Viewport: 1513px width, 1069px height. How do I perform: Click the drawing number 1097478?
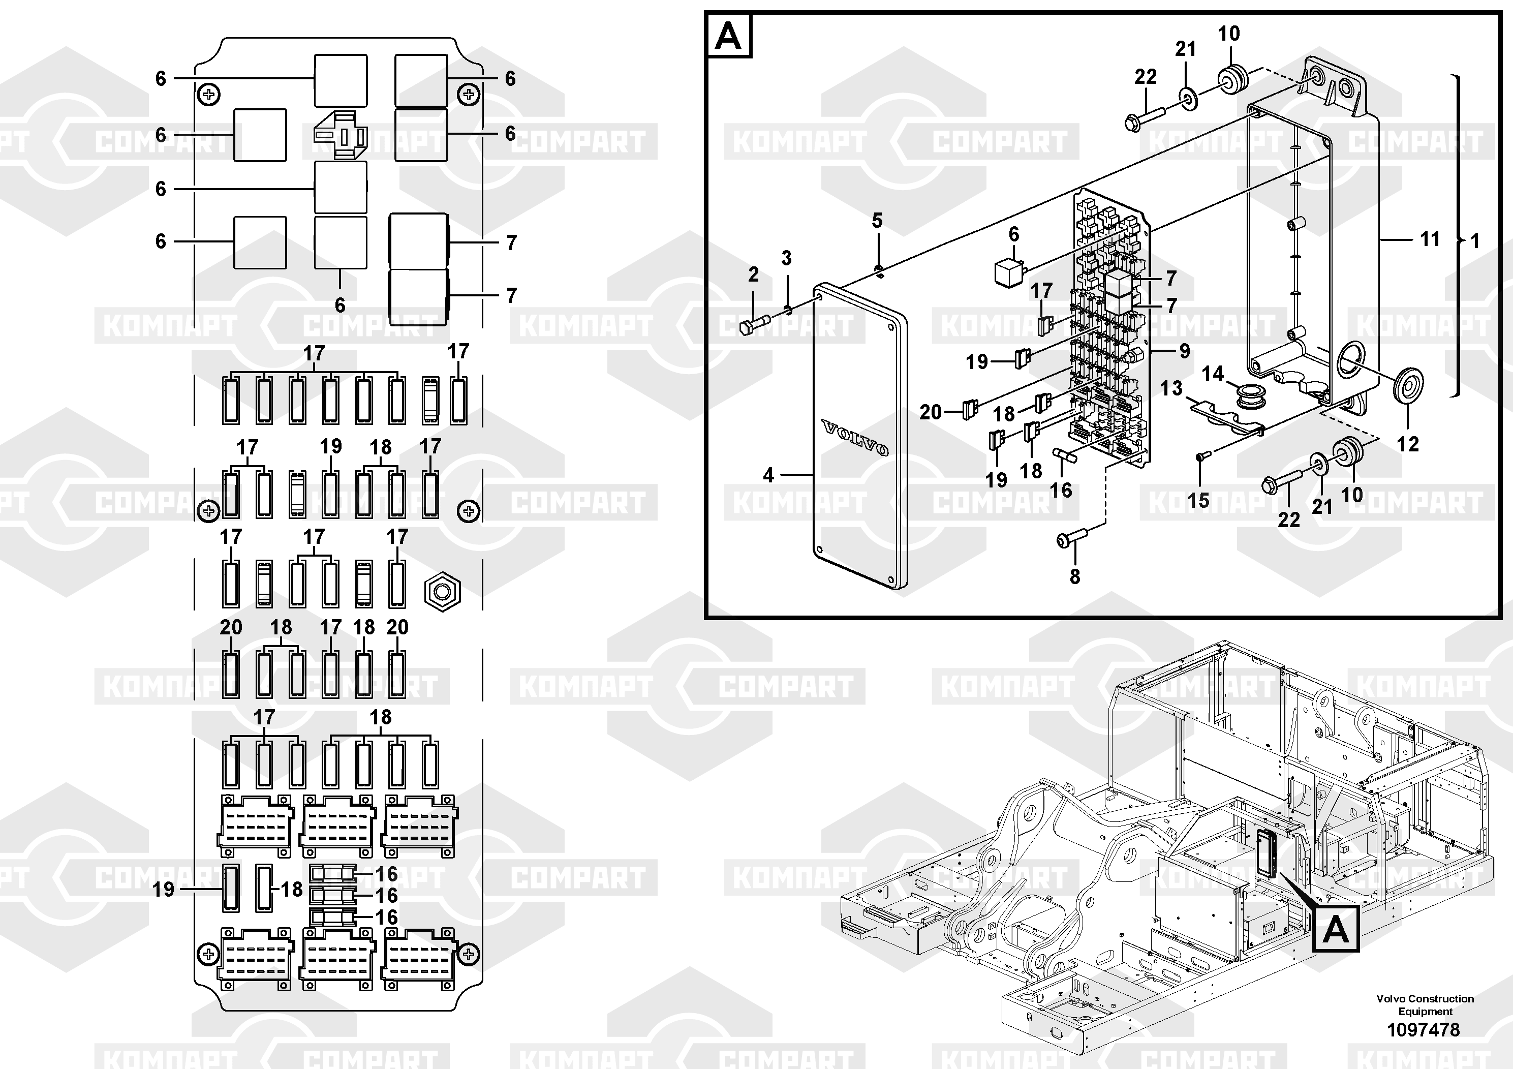1424,1029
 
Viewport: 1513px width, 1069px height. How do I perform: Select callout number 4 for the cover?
768,475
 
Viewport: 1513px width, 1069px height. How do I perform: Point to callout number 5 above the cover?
876,221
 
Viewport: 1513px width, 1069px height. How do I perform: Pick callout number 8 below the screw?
1075,576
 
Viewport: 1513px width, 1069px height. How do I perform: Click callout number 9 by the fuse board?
1184,351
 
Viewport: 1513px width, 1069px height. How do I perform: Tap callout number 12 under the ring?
1408,444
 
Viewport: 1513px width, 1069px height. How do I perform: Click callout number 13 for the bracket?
1171,388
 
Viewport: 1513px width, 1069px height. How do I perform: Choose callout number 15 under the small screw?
1198,500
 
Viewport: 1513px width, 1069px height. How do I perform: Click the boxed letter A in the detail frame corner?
728,36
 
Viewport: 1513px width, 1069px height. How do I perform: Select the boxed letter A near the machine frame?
1336,930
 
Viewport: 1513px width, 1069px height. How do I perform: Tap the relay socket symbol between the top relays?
340,134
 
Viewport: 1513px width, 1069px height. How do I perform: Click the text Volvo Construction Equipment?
1425,1004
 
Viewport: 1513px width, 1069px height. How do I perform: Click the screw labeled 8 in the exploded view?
1071,538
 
